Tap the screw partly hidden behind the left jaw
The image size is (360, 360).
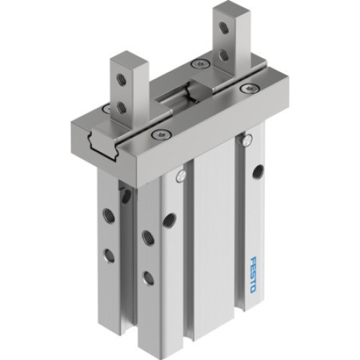click(x=106, y=109)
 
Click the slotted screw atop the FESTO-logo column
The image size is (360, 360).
click(x=248, y=139)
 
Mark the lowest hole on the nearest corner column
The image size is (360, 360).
click(x=148, y=276)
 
